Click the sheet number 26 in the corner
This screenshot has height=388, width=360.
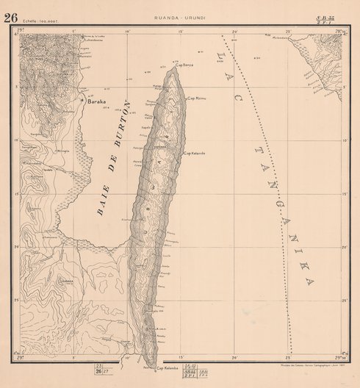pos(10,17)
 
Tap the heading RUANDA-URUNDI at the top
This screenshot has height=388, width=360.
pos(179,18)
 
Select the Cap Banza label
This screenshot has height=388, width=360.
pos(183,65)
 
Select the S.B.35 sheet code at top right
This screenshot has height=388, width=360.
pos(337,17)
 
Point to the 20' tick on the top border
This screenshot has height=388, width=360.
pos(235,32)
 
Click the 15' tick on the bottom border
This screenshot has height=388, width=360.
pos(181,356)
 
